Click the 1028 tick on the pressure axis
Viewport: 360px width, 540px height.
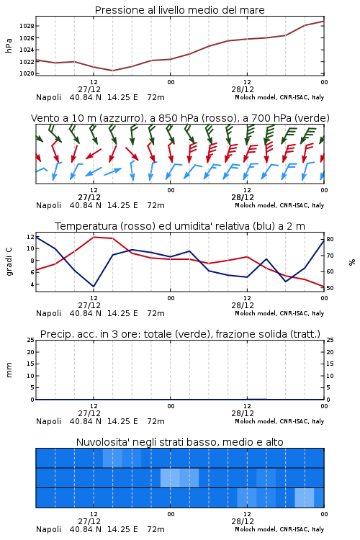pos(27,26)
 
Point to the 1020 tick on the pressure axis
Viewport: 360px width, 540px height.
pos(27,73)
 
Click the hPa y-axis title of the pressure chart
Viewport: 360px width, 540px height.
pos(9,45)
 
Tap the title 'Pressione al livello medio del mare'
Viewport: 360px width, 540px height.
pos(179,10)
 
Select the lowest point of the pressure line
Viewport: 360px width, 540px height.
pos(112,71)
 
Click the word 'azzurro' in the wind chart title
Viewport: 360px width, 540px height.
pos(121,118)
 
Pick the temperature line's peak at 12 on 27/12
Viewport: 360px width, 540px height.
pos(94,237)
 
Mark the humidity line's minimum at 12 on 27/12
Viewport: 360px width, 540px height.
pos(94,287)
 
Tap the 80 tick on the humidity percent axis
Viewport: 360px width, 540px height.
pos(330,239)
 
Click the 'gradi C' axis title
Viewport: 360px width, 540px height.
pos(9,261)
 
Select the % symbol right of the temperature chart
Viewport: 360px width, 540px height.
pos(352,262)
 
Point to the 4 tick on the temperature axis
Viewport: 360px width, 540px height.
pos(32,284)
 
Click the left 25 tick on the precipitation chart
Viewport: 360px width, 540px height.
pos(31,340)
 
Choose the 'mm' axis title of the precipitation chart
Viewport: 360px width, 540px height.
pos(9,369)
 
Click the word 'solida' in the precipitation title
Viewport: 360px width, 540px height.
pos(271,334)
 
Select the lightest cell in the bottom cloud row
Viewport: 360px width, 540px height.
pos(305,498)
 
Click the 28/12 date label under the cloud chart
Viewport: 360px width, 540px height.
pos(243,521)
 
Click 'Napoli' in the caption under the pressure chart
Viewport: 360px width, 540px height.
pos(48,97)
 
